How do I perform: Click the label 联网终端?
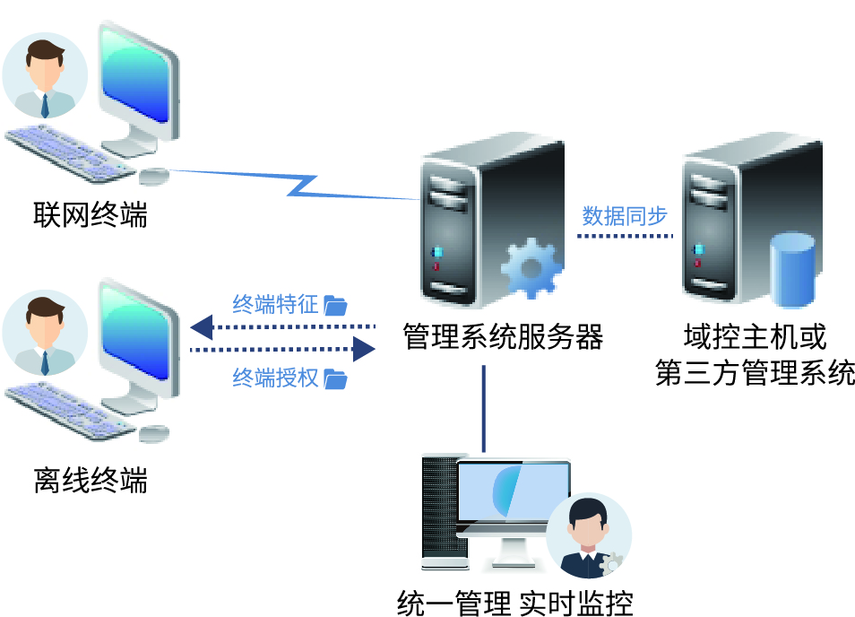pos(91,214)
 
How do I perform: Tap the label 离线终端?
pos(91,480)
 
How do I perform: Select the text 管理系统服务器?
pos(503,336)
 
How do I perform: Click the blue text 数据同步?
pos(625,216)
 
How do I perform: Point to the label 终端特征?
pos(275,304)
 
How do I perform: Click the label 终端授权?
pos(275,378)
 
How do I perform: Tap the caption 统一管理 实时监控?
pos(514,604)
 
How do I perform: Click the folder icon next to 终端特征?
pos(335,306)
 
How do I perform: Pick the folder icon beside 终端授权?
pos(335,378)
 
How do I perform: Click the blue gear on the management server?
pos(531,268)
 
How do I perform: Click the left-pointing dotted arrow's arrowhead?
pos(202,327)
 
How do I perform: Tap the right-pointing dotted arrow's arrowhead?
pos(364,349)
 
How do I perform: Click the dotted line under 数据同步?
pos(626,236)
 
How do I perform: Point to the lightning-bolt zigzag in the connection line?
pos(301,186)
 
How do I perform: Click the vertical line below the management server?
pos(484,409)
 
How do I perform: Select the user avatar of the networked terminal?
pos(45,75)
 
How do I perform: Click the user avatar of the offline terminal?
pos(45,332)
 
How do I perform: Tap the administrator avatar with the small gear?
pos(589,535)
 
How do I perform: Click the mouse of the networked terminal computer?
pos(154,176)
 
